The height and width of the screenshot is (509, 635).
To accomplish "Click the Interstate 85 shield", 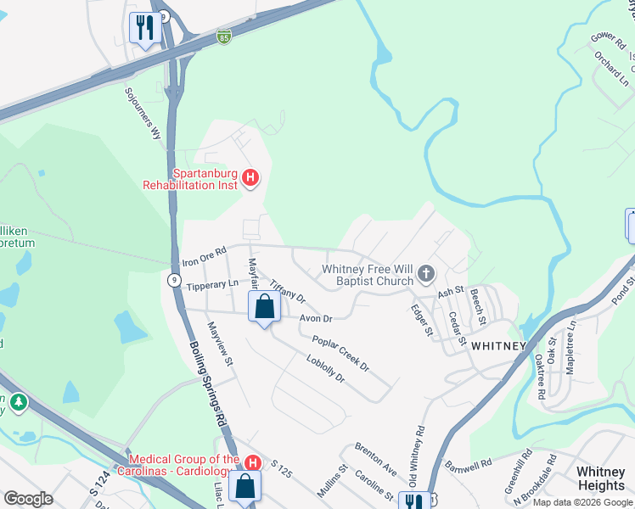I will [x=223, y=38].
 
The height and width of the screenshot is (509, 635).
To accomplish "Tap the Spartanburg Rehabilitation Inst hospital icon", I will [x=250, y=177].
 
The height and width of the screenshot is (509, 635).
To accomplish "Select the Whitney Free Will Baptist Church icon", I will [x=426, y=275].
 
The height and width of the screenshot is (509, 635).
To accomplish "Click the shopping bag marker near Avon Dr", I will [x=264, y=306].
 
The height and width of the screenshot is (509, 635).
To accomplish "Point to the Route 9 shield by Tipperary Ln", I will [x=172, y=281].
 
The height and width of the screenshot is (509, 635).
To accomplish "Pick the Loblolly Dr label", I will [x=326, y=368].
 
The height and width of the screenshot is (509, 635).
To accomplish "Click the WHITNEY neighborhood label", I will [x=498, y=345].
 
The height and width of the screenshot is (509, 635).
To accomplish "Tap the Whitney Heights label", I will [x=601, y=478].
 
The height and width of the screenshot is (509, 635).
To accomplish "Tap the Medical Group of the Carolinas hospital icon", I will [x=252, y=461].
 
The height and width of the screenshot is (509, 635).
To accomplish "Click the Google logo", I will [x=28, y=499].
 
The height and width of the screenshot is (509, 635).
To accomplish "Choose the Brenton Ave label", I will [x=376, y=457].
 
